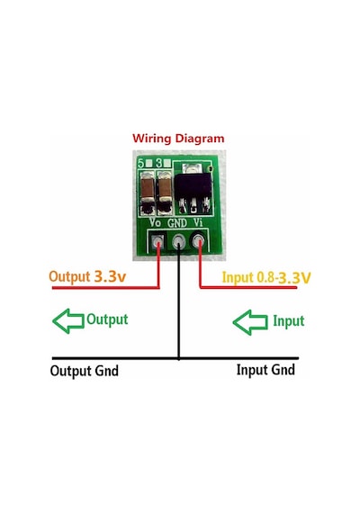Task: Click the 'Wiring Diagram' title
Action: tap(178, 139)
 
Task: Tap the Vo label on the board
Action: tap(155, 222)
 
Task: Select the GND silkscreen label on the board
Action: tap(177, 223)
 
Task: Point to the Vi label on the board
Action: tap(198, 222)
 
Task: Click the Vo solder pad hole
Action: tap(158, 243)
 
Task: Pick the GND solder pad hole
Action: tap(179, 242)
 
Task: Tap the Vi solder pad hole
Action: tap(198, 242)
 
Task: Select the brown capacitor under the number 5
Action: tap(148, 191)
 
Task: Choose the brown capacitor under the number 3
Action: tap(165, 191)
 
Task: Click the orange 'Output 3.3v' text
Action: tap(87, 276)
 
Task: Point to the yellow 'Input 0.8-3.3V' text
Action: tap(266, 277)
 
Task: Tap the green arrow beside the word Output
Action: tap(68, 321)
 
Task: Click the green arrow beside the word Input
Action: tap(250, 322)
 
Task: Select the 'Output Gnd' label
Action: tap(85, 371)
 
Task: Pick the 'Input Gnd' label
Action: tap(265, 370)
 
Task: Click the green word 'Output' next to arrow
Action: tap(107, 319)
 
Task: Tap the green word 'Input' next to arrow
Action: tap(289, 321)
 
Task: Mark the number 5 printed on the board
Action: tap(141, 163)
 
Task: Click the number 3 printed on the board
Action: tap(159, 163)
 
